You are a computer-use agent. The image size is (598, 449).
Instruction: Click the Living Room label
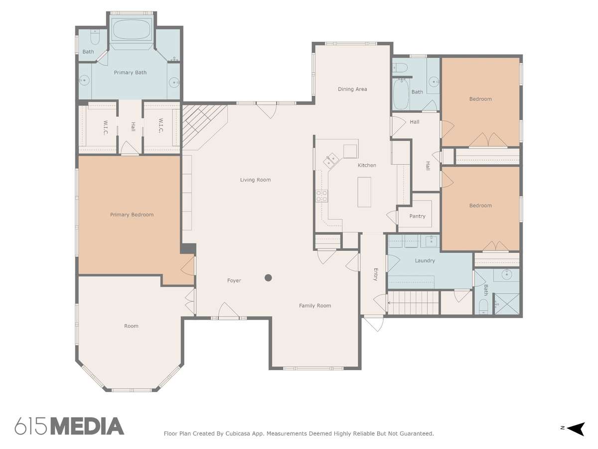click(x=255, y=180)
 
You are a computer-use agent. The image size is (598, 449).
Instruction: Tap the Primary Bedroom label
click(x=132, y=215)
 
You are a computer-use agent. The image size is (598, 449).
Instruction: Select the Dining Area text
click(x=352, y=89)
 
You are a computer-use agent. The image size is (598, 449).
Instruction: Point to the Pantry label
click(x=417, y=216)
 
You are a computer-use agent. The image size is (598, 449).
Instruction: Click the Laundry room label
click(x=425, y=260)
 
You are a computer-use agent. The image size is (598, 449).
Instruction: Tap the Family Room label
click(x=315, y=306)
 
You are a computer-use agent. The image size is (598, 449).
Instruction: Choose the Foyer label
click(x=234, y=280)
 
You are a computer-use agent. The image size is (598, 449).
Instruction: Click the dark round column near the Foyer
click(x=268, y=278)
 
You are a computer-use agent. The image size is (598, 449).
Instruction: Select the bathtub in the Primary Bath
click(x=131, y=29)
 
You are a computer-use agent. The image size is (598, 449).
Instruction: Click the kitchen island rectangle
click(x=364, y=192)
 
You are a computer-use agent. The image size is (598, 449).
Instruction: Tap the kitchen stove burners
click(x=321, y=196)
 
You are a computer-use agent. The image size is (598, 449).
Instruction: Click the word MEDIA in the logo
click(x=87, y=427)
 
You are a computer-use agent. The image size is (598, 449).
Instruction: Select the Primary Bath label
click(x=130, y=72)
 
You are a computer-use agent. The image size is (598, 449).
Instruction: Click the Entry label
click(x=376, y=274)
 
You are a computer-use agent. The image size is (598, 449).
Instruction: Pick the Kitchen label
click(x=367, y=165)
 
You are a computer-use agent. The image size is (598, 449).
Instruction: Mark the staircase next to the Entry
click(x=413, y=303)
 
